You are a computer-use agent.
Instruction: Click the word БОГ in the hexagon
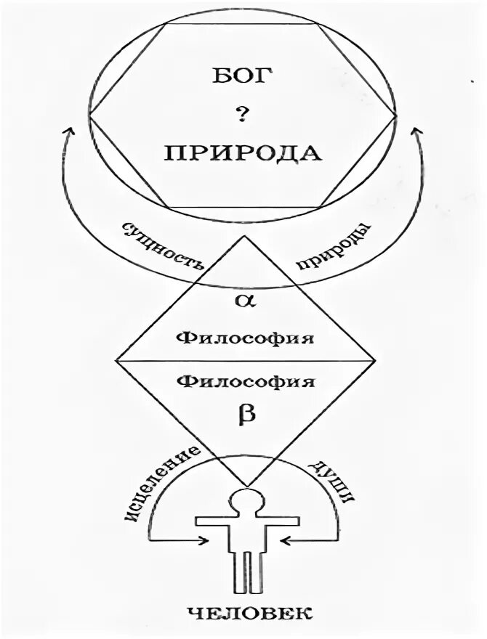coord(243,77)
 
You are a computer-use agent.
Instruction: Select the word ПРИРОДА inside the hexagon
coord(243,153)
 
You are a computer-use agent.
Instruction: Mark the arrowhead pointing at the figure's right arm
coord(286,540)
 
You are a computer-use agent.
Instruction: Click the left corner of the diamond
coord(116,359)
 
